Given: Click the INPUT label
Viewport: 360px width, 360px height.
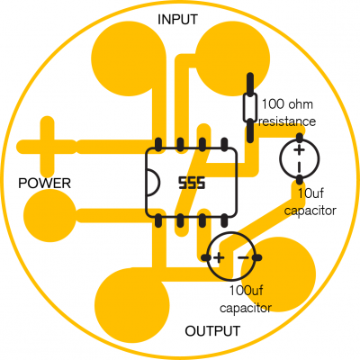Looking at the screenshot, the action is [x=177, y=20].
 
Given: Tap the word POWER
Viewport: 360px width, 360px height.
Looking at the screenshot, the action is [x=45, y=183].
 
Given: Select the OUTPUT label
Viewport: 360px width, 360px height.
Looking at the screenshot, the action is [x=212, y=331].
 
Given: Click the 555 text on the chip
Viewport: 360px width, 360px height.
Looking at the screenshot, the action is [x=192, y=183].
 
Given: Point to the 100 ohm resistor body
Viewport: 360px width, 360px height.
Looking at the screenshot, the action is [x=249, y=107].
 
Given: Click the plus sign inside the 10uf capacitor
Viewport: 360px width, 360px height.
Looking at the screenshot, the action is [x=299, y=150].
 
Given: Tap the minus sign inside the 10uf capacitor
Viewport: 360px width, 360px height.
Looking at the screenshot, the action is [x=300, y=166].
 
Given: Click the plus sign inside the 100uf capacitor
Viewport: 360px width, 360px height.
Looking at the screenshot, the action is [x=219, y=257].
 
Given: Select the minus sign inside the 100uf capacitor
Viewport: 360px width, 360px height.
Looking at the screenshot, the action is [x=243, y=257].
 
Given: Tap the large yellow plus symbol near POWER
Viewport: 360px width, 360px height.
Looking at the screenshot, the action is [x=47, y=147].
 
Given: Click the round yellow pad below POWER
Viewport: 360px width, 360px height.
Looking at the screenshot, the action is [x=50, y=216].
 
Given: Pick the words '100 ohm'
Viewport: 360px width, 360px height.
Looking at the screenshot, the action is [x=287, y=104].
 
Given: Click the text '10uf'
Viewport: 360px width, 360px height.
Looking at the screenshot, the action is [x=310, y=193].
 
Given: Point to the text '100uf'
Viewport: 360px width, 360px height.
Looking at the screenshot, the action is [x=246, y=291].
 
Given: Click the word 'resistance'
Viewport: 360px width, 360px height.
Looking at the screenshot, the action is [x=287, y=121].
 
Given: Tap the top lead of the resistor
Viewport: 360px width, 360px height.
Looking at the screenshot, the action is [x=250, y=84].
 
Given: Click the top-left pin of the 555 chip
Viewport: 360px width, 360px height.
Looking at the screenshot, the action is [x=158, y=145].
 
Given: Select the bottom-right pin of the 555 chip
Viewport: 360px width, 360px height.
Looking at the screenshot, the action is [x=224, y=220].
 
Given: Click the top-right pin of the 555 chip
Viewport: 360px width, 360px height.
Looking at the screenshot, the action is [x=224, y=145].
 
